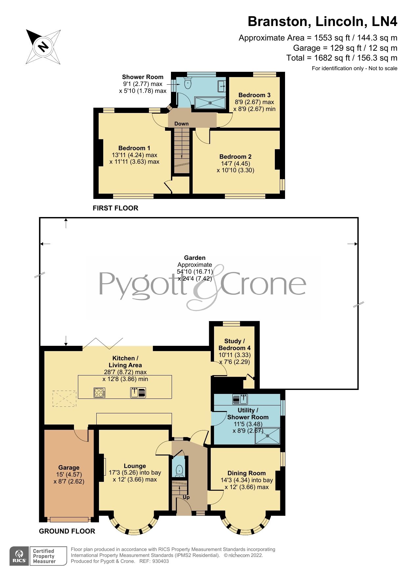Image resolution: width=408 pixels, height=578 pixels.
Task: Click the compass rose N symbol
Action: point(43,47)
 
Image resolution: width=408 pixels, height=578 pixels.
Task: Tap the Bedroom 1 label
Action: point(134,148)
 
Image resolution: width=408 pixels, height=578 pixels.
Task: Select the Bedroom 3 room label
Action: point(254,95)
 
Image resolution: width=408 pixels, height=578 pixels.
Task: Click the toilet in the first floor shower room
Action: point(188,83)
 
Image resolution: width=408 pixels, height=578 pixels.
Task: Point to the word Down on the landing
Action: point(181,124)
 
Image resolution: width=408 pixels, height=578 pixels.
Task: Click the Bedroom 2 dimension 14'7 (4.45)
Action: point(235,163)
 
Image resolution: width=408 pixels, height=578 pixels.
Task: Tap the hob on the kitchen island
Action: point(99,393)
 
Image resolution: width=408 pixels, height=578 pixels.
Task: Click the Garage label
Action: point(69,467)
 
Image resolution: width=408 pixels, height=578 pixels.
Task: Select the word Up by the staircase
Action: point(186,497)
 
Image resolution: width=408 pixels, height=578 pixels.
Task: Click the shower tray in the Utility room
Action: point(267,436)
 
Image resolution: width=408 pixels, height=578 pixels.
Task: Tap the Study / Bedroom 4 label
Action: point(234,344)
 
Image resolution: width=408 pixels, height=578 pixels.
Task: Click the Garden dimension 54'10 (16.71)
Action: point(195,272)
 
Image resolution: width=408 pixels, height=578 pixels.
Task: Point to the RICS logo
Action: point(19,556)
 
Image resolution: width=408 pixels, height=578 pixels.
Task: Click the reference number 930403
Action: point(158,561)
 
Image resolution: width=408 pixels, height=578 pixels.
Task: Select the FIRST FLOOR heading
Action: point(115,208)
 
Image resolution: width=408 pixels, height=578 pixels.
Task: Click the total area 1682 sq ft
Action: point(332,58)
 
